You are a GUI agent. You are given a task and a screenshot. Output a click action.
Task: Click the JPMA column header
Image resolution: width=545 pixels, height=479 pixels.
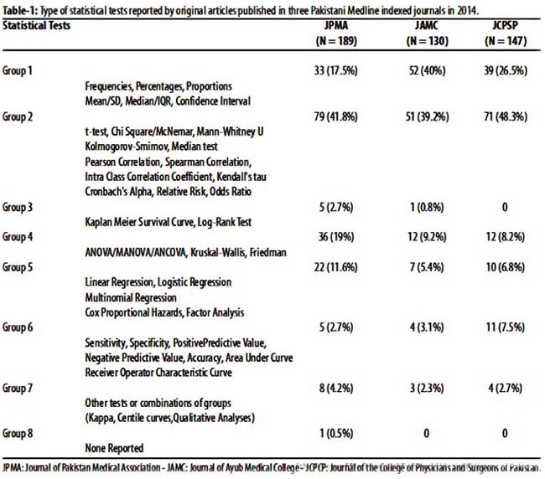(x=336, y=25)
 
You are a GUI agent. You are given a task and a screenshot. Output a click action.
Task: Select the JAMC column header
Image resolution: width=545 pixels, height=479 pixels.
(x=427, y=25)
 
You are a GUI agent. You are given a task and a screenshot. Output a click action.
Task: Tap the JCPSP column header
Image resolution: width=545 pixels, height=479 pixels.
(x=506, y=25)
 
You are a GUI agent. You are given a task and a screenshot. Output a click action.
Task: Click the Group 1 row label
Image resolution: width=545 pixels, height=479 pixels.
(x=18, y=70)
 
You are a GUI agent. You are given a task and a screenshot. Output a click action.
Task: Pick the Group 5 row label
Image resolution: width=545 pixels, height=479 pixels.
(x=18, y=267)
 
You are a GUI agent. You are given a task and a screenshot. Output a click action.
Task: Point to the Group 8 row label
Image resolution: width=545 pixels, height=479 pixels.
(x=18, y=433)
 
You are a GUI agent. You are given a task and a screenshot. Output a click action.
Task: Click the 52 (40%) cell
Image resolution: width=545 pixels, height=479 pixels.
(x=427, y=70)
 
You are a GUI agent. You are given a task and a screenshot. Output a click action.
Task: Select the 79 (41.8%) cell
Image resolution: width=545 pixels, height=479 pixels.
(x=335, y=116)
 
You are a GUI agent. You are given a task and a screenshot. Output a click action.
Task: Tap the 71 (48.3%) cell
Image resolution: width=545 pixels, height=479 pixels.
(x=506, y=116)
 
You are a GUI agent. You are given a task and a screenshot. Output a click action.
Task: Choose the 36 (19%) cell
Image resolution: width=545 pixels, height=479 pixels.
(x=336, y=237)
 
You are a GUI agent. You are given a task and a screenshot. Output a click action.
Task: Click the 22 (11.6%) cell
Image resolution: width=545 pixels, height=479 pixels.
(x=335, y=267)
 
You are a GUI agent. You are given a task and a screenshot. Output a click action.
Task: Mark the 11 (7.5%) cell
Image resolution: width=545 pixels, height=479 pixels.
(x=506, y=327)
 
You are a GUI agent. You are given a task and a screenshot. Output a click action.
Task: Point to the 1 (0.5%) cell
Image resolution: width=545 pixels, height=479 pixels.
(x=336, y=433)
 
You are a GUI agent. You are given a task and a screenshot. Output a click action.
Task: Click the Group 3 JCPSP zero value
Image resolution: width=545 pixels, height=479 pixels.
(x=505, y=207)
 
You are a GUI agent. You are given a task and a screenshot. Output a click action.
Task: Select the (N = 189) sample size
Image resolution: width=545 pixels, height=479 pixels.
(x=336, y=41)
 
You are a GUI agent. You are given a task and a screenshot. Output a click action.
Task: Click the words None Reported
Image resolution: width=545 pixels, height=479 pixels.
(x=114, y=448)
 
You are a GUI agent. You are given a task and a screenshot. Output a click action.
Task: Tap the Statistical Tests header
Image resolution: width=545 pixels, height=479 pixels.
(x=37, y=25)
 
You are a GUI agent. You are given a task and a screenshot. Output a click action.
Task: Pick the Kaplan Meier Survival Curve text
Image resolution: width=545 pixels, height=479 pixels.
(x=139, y=222)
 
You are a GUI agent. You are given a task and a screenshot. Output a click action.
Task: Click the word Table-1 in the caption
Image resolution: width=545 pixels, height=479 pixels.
(x=20, y=10)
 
